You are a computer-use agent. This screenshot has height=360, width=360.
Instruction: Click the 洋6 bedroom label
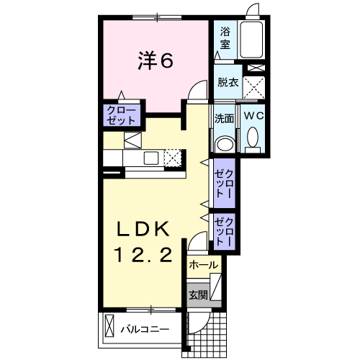156,61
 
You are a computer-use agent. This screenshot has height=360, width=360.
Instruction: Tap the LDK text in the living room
143,229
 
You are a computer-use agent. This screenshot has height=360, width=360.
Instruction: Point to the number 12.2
144,255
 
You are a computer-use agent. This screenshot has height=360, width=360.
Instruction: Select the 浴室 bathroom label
225,38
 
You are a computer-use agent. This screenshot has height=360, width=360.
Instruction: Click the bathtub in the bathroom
251,40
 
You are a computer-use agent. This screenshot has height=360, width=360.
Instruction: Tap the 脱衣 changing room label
228,83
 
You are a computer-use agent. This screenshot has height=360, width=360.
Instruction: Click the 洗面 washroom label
224,119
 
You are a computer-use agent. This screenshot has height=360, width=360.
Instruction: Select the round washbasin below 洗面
225,145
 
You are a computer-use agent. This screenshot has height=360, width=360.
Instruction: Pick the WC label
254,116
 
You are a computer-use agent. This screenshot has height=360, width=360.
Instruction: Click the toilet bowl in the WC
253,138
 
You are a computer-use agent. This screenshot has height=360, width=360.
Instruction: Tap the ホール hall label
204,265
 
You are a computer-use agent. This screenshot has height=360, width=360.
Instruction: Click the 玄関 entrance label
198,295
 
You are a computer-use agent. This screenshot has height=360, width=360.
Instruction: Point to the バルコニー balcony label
145,329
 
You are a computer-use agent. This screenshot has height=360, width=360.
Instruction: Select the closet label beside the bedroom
122,116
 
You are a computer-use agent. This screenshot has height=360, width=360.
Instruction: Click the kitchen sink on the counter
151,158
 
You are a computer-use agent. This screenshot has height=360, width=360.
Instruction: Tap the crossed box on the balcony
109,326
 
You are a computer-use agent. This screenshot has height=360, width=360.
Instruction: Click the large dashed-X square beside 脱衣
254,87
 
